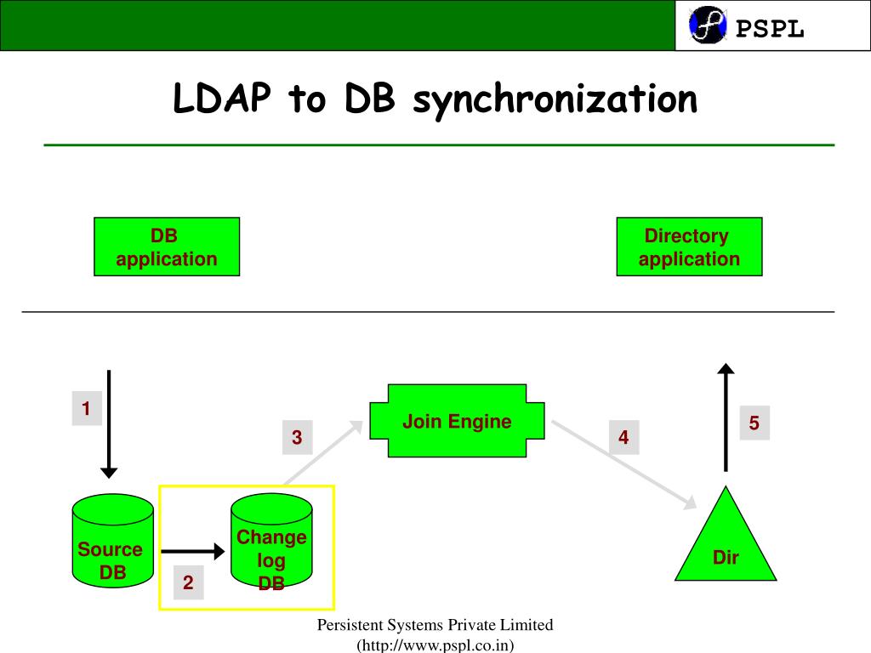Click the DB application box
pos(167,247)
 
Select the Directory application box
pos(689,247)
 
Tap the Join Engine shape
pos(457,422)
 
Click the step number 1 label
pos(86,410)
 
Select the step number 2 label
pos(188,583)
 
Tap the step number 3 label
pos(297,438)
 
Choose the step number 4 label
pos(623,438)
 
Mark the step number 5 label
pos(754,423)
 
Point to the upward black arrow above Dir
pos(726,417)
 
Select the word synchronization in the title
pos(555,100)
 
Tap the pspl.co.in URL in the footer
pos(435,644)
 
